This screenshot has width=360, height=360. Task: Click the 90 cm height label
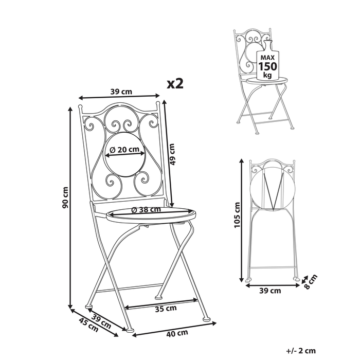click(66, 197)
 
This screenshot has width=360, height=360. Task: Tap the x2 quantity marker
click(175, 84)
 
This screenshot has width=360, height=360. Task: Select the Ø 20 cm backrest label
click(124, 150)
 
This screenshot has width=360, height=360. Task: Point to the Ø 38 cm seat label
click(146, 209)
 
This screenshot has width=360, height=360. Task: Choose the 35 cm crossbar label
click(166, 309)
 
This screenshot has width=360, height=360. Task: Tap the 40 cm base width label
click(177, 333)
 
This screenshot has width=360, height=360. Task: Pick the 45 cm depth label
click(88, 325)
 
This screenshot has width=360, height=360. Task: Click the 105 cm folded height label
click(237, 215)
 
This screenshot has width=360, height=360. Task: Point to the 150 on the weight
click(268, 66)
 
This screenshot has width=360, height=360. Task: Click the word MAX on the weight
click(267, 58)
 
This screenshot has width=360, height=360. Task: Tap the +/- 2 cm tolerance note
click(301, 351)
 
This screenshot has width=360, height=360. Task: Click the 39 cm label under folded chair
click(270, 291)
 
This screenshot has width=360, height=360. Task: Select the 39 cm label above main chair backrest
click(121, 92)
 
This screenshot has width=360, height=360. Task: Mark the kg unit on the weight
click(267, 75)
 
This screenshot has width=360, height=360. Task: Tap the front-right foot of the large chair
click(207, 319)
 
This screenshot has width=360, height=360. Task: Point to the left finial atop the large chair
click(80, 107)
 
